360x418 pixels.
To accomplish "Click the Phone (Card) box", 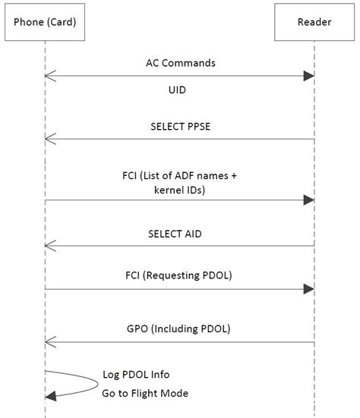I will (x=44, y=23).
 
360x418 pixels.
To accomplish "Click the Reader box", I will (x=314, y=23).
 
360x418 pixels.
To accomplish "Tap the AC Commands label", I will (x=180, y=63).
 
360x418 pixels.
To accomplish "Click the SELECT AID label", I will (x=180, y=234).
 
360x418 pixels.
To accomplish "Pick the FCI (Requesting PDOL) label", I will (x=180, y=275).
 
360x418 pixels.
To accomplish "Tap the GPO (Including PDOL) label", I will (x=180, y=328).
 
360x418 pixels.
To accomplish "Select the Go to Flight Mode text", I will (x=145, y=393).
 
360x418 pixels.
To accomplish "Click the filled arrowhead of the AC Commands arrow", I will (x=309, y=75).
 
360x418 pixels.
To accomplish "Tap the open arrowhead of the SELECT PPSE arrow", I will (x=49, y=138).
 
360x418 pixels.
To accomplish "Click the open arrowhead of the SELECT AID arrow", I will (x=49, y=246).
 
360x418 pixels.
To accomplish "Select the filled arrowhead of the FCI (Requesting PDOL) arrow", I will (x=309, y=288).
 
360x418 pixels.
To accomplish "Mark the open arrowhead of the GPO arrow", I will (x=49, y=342).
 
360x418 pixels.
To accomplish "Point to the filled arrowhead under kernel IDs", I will (x=309, y=200).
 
